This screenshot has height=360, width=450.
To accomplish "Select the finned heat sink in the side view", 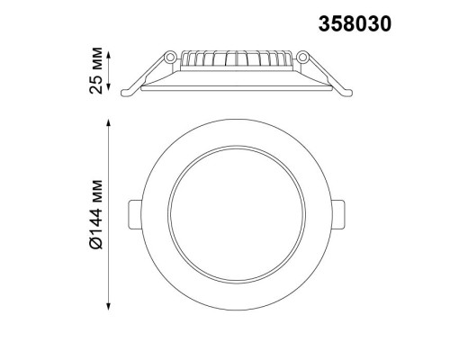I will pos(236,61).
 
